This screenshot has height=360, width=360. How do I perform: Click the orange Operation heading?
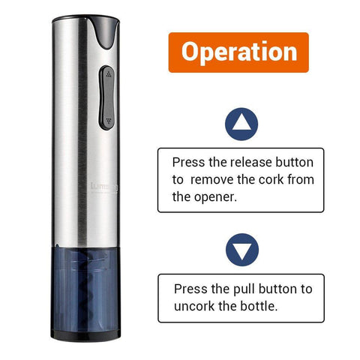238,52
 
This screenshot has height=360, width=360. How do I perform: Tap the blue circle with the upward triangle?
241,124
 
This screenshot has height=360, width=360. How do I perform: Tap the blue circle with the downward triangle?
242,250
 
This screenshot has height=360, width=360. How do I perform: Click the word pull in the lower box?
244,289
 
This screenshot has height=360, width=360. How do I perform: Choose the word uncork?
194,306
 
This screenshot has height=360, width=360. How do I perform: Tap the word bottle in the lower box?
259,306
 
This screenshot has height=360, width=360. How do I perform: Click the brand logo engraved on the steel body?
103,187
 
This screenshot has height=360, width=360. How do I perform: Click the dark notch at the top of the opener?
105,32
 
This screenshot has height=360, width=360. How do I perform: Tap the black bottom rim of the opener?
85,335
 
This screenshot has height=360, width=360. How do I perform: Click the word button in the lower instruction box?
277,289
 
